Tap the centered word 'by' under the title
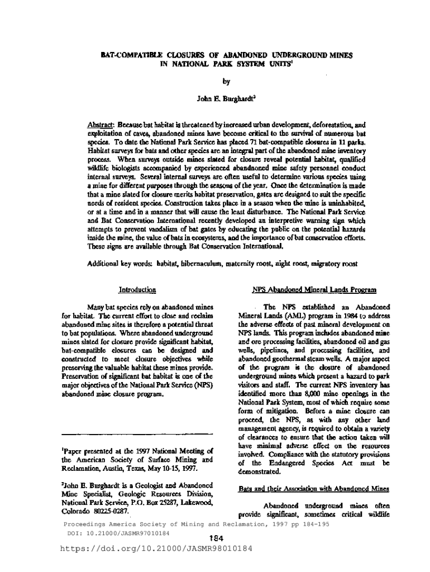pyautogui.click(x=226, y=81)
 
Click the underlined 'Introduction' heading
pyautogui.click(x=137, y=290)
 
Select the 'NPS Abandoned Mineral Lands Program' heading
pyautogui.click(x=314, y=290)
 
